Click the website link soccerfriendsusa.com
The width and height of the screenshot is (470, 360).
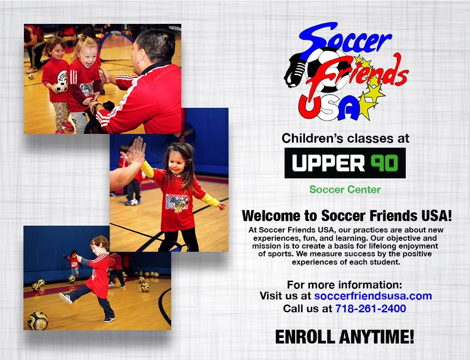373,296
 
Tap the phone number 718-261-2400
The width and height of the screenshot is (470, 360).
370,309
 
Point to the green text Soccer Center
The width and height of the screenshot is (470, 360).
345,189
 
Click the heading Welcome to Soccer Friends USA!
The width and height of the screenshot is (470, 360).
347,216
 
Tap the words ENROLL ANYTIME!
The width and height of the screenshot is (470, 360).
344,337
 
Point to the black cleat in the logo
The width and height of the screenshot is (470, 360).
296,73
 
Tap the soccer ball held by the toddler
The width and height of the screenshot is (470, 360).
61,86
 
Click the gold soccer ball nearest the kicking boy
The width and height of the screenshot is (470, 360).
38,321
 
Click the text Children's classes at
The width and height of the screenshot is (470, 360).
345,138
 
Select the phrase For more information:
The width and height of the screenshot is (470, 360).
344,284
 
